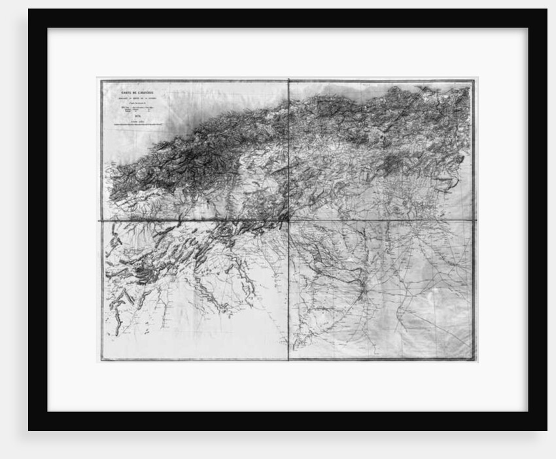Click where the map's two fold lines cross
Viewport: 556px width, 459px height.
[288, 220]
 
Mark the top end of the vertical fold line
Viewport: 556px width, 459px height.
[288, 80]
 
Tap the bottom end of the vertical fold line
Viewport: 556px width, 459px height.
[288, 360]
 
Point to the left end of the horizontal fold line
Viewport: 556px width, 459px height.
[101, 220]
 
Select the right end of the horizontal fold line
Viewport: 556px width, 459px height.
[474, 220]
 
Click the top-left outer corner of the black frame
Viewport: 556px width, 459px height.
[29, 9]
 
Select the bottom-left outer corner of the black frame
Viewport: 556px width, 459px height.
[29, 430]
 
